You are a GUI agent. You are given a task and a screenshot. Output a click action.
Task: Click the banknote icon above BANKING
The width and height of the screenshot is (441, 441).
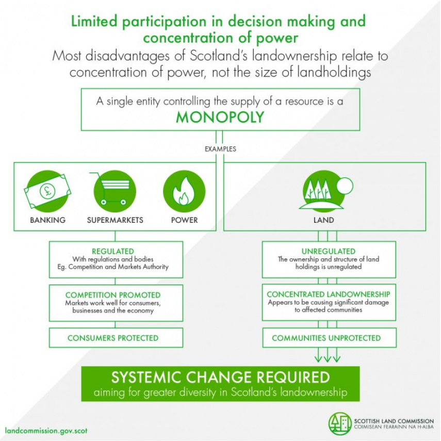coord(47,191)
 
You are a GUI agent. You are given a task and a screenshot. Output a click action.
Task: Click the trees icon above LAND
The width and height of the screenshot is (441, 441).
coord(324,191)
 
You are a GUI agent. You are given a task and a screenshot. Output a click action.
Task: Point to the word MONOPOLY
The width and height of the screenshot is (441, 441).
coord(220,118)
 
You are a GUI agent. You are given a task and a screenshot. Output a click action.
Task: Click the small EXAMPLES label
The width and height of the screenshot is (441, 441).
coord(220,149)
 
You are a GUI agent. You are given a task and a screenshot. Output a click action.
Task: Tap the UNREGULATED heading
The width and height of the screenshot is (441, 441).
coord(329,251)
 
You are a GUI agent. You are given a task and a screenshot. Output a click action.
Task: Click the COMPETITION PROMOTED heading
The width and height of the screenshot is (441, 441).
coord(117,295)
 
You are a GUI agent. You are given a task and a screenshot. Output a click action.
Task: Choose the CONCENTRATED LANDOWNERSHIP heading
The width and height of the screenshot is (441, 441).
coord(329,294)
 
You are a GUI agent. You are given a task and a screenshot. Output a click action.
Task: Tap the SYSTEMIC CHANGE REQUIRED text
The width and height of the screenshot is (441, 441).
coord(220,377)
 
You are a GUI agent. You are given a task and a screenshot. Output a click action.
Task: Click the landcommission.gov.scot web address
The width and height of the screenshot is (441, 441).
coord(46,431)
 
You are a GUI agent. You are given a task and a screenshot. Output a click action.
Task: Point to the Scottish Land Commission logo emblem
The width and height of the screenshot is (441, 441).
coord(340,423)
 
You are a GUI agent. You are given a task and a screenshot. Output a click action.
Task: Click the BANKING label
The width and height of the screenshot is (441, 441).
coord(47,220)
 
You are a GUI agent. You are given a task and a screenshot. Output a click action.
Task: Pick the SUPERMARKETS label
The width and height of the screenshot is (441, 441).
coord(115,220)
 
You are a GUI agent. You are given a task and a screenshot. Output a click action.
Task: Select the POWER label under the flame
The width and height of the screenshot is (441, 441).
coord(184,220)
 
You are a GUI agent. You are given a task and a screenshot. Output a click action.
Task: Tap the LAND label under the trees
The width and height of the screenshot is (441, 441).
coord(324,220)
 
